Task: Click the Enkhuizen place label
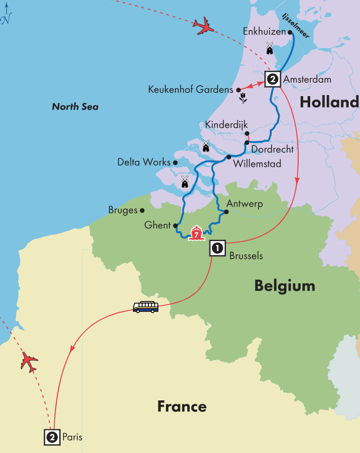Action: tap(264, 32)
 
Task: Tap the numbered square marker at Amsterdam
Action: tap(272, 79)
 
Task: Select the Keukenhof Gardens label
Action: tap(190, 89)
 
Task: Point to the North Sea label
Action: tap(75, 106)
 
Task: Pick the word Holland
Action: tap(329, 102)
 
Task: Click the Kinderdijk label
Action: tap(226, 124)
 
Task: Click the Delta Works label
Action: tap(144, 162)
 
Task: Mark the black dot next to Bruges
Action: tap(142, 210)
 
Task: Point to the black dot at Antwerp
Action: tap(225, 213)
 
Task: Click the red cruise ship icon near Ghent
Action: tap(196, 233)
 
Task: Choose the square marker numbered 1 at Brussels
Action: tap(217, 247)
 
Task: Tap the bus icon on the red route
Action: tap(145, 307)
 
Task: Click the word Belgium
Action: tap(285, 286)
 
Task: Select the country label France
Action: tap(182, 406)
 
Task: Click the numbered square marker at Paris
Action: tap(52, 437)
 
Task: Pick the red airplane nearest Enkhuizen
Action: tap(203, 25)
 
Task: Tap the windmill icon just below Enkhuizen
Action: tap(269, 49)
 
